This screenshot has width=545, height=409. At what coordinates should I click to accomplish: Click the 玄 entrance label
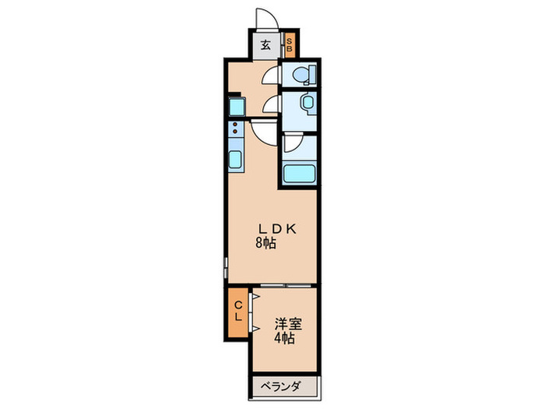point(265,45)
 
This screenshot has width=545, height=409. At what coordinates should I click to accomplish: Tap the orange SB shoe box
point(289,45)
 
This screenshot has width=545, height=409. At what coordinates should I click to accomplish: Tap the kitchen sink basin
point(235,159)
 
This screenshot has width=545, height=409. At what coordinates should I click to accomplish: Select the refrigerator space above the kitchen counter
point(236,106)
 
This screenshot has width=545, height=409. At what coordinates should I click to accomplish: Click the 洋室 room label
point(285,323)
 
